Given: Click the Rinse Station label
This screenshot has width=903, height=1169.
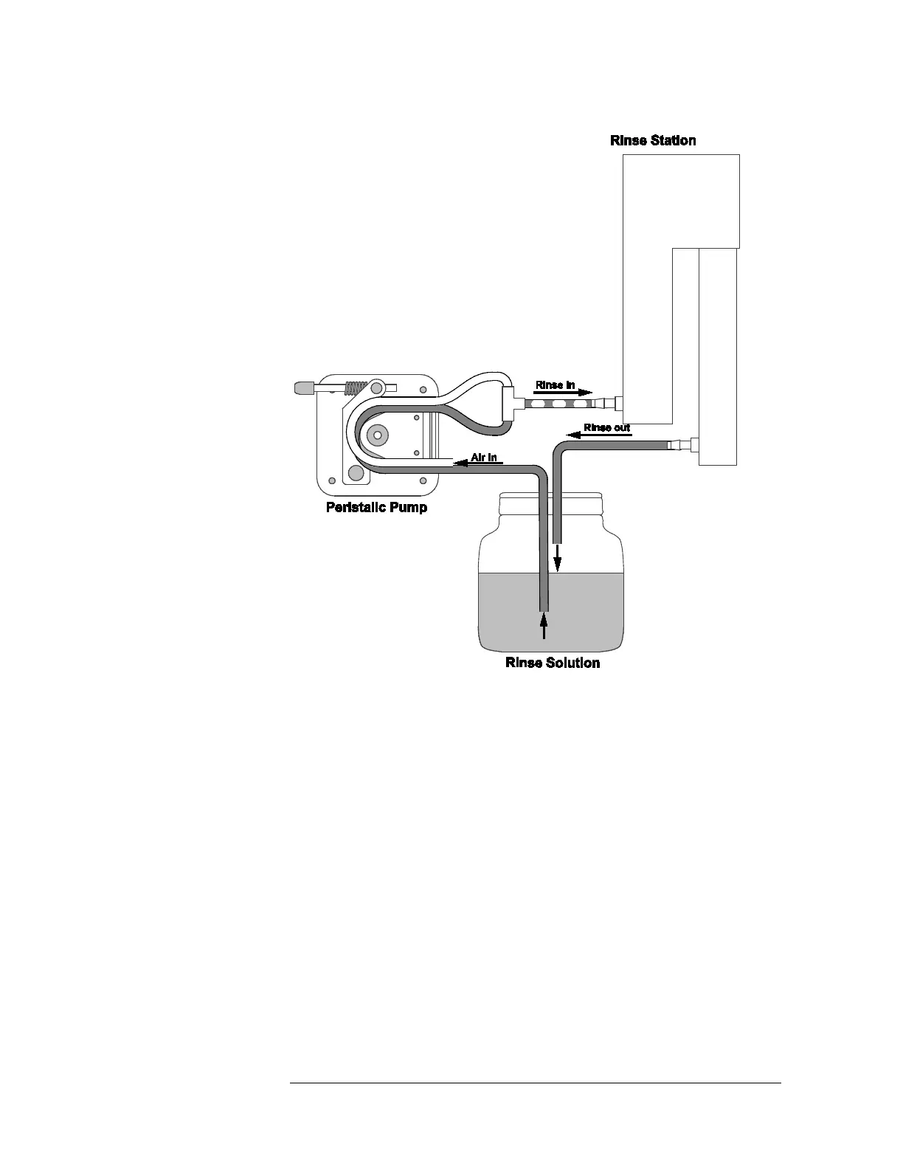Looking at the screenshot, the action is click(653, 140).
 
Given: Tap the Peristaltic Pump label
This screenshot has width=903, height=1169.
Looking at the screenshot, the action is click(376, 508).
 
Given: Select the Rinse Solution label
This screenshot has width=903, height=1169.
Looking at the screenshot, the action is click(553, 663).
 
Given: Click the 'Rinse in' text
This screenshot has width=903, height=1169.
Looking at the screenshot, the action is click(555, 385).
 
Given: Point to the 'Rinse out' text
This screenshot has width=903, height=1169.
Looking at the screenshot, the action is click(606, 428).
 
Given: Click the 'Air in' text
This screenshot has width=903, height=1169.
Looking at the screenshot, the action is click(484, 458).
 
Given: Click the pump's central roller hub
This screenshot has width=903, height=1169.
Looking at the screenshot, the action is click(378, 435).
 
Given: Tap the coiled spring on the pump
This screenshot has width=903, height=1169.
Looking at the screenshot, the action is click(356, 386).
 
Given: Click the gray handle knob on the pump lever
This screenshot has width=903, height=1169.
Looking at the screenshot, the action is click(303, 386).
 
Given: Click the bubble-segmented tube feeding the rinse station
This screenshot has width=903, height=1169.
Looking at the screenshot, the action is click(561, 404).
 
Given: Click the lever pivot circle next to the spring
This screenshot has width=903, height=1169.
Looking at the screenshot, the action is click(377, 387).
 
